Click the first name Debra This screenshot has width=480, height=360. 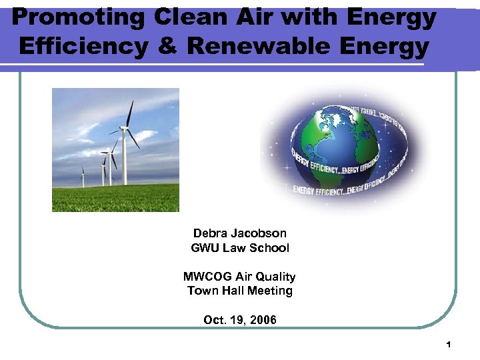pos(210,233)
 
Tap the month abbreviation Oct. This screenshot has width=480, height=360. pos(215,320)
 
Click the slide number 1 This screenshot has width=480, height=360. pos(449,345)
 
